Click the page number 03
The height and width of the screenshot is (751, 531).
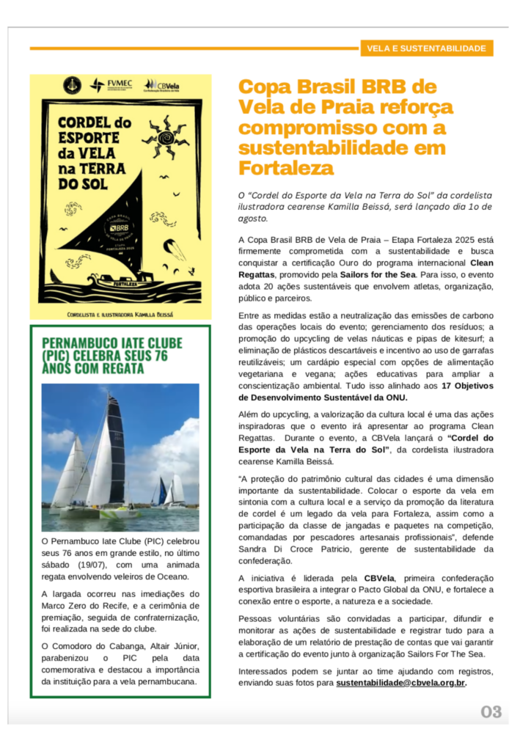pyautogui.click(x=491, y=711)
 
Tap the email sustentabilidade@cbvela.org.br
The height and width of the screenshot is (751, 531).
pyautogui.click(x=400, y=683)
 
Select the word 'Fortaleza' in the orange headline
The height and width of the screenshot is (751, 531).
pyautogui.click(x=286, y=168)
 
